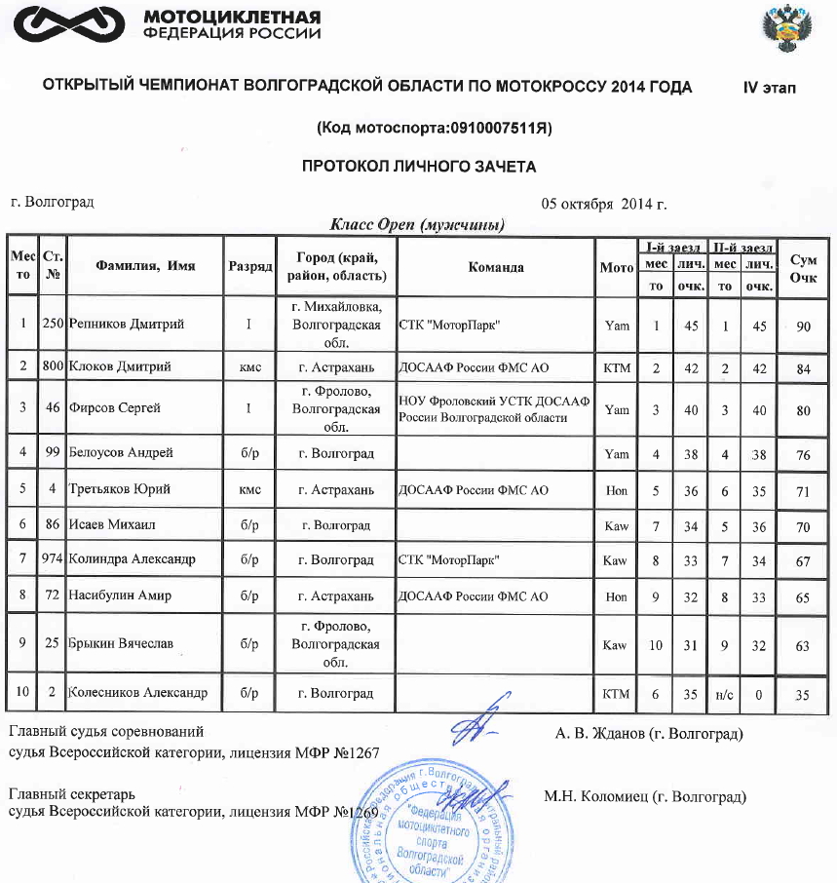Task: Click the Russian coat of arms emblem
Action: (x=784, y=31)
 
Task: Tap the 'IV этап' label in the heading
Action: (x=770, y=88)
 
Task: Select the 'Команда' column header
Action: (x=496, y=266)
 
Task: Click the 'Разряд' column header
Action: (x=249, y=266)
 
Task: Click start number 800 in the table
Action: (x=54, y=366)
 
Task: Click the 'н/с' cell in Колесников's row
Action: (x=724, y=694)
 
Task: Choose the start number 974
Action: (x=54, y=559)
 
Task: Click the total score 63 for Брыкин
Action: (x=803, y=644)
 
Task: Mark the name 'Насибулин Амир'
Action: (x=120, y=595)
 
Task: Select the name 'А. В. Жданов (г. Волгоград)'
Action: (x=648, y=732)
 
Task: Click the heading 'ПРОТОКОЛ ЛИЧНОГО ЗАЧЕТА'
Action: (x=418, y=167)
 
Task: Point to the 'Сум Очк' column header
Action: (x=803, y=267)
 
